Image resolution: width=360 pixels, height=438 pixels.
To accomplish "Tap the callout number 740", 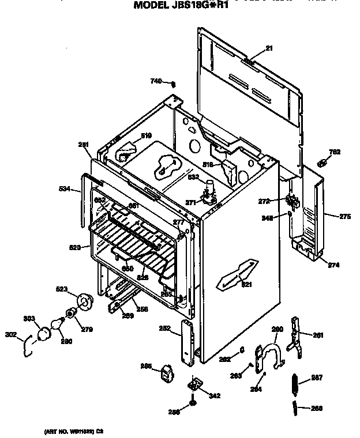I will tap(156, 81).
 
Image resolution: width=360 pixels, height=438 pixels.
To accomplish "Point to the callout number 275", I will tap(345, 217).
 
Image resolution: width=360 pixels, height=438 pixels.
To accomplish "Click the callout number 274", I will tap(333, 265).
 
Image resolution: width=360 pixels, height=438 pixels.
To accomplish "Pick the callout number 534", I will tap(65, 188).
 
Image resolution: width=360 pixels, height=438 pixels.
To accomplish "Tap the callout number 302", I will tap(10, 333).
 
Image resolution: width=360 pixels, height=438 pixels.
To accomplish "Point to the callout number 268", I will tap(317, 409).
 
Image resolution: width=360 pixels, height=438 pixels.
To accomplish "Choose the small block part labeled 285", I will tap(166, 373).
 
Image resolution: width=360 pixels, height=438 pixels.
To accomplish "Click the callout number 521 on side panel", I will tap(246, 285).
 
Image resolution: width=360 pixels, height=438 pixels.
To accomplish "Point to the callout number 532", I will tap(194, 177).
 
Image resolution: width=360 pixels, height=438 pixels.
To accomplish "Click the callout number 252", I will tap(164, 328).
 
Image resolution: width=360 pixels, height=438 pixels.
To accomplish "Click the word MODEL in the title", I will tap(153, 6).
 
